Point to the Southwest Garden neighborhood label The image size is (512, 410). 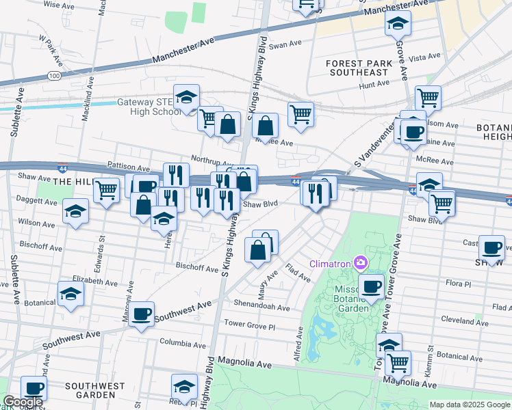[x=90, y=390]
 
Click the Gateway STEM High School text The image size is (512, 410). [x=149, y=107]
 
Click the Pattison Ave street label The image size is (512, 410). [x=129, y=167]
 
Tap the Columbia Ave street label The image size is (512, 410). [x=183, y=342]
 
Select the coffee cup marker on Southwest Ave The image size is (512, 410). [x=142, y=314]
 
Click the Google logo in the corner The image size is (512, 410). [x=22, y=402]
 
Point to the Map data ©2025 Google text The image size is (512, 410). [x=470, y=405]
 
